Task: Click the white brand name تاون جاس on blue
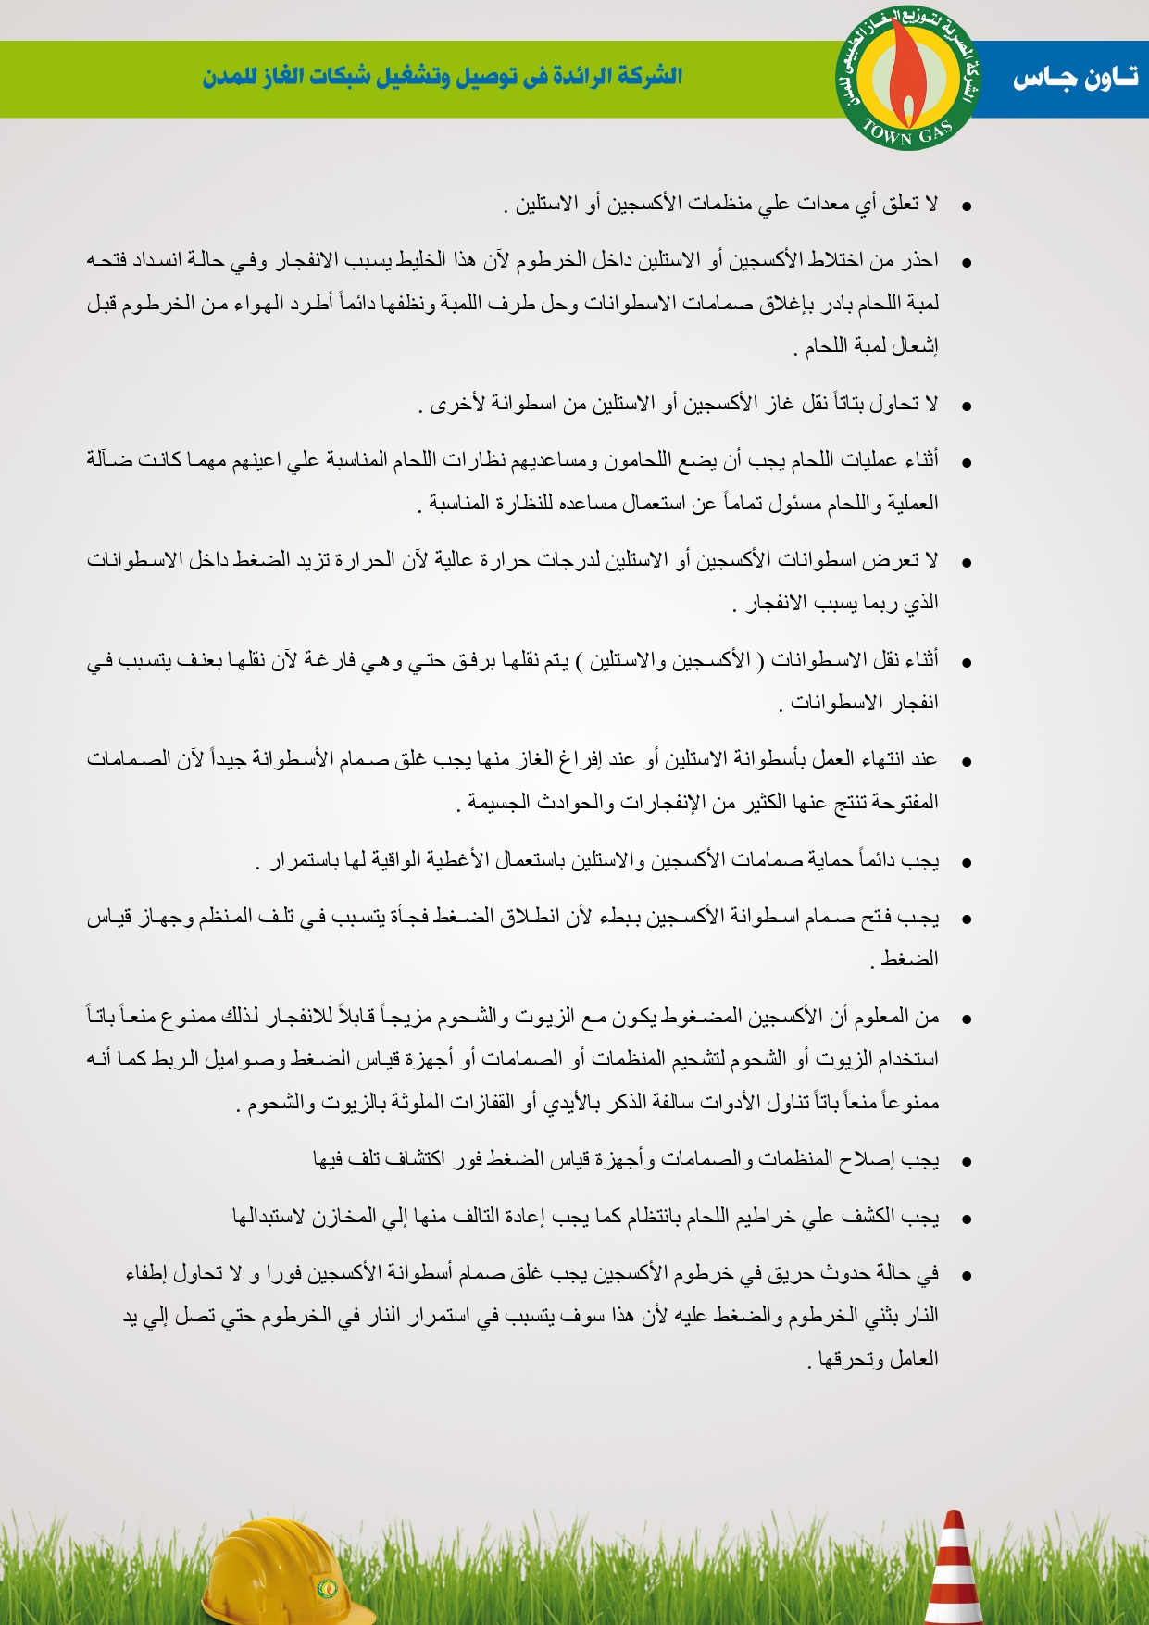[x=1075, y=79]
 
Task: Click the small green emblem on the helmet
[x=328, y=1588]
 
